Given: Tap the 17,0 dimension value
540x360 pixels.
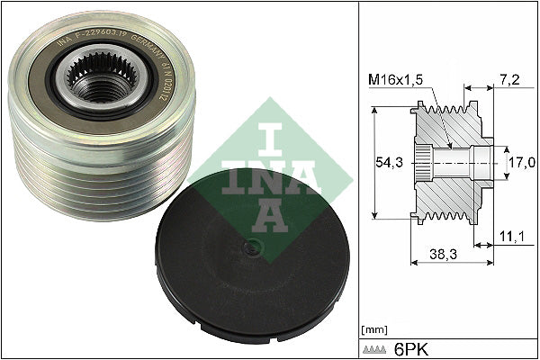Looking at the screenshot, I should pyautogui.click(x=519, y=162).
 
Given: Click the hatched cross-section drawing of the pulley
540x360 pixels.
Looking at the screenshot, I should pyautogui.click(x=450, y=162).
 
